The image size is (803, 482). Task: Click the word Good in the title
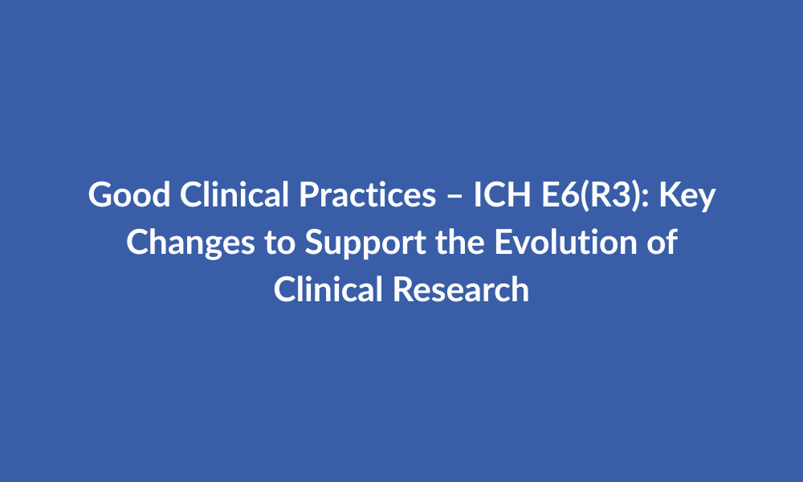129,194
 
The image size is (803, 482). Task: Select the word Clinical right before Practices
234,194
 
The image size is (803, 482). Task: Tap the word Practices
368,194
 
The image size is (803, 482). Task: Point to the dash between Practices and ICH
454,197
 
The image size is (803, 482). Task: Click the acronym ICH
502,194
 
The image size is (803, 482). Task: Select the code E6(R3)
592,195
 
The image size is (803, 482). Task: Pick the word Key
687,196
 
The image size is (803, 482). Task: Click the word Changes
190,243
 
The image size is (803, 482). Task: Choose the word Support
365,243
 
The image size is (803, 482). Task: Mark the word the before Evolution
460,242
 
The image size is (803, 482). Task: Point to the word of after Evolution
662,242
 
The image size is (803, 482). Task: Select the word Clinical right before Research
328,289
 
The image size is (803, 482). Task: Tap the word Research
461,289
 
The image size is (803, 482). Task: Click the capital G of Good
101,194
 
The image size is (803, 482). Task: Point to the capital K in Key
670,194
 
